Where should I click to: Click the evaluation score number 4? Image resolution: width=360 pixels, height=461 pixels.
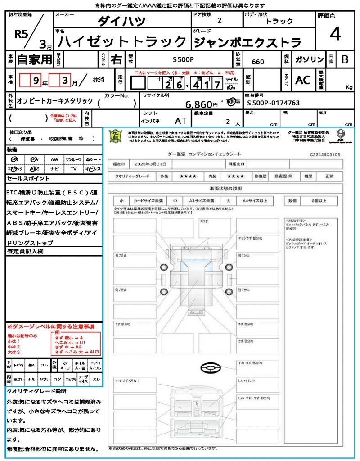coord(334,34)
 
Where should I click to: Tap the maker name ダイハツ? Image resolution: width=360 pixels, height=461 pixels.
coord(121,21)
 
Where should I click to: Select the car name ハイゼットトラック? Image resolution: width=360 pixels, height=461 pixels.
coord(122,42)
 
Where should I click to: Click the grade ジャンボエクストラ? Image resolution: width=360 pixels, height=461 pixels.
coord(247,42)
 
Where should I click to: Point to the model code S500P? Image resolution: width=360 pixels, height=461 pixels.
coord(184,59)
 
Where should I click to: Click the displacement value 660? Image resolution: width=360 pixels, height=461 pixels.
coord(258,62)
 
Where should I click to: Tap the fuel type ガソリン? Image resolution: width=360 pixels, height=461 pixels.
coord(309,59)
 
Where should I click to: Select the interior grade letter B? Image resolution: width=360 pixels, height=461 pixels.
coord(345,59)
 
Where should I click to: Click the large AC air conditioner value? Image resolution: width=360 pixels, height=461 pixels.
coord(303,80)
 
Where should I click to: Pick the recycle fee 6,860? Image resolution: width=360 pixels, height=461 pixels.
coord(198,104)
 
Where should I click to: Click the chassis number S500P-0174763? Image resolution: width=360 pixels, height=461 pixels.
coord(273,103)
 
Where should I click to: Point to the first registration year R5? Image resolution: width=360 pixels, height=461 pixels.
coord(21,35)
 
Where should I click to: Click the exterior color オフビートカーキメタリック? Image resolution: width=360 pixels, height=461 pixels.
coord(55,101)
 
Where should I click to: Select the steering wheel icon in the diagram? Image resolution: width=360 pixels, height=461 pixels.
coord(210,369)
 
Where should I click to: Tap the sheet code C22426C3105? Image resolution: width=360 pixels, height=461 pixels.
coord(325,154)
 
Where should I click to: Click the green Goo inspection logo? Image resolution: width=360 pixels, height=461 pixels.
coord(116,136)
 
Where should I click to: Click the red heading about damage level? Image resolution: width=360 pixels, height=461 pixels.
coord(50,325)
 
